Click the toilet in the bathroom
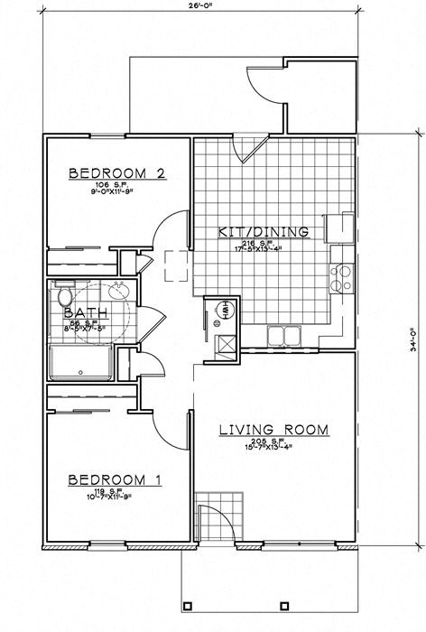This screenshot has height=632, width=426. coord(63,297)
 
